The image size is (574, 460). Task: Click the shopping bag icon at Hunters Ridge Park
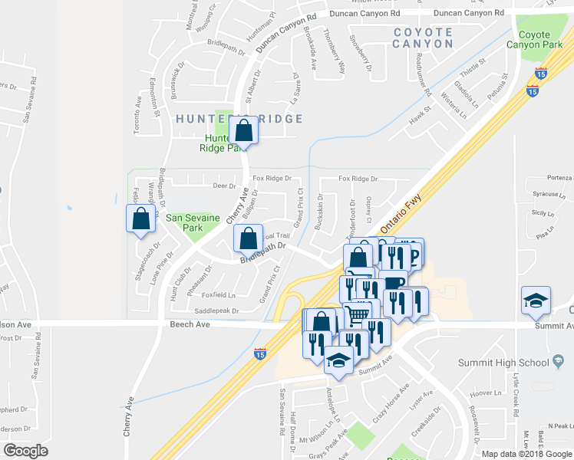(x=243, y=130)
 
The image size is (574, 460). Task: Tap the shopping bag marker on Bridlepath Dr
(x=249, y=239)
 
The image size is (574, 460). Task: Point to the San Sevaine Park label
(x=193, y=223)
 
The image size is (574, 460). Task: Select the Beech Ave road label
(x=190, y=325)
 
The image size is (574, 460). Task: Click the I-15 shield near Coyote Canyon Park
(x=532, y=90)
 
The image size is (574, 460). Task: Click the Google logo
(x=25, y=450)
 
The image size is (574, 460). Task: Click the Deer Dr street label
(x=224, y=186)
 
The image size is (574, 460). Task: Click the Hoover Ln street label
(x=485, y=393)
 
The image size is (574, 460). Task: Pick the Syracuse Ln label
(x=549, y=195)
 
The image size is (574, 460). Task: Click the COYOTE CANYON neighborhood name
(x=423, y=38)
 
